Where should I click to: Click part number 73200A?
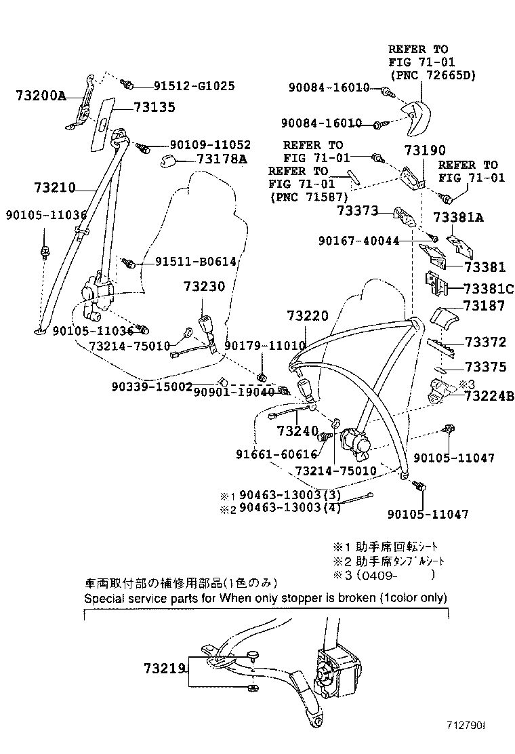[40, 96]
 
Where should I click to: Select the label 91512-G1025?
[194, 86]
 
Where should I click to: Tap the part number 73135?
[154, 106]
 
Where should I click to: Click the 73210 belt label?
[54, 188]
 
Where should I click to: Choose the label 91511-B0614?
[186, 262]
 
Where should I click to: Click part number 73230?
[203, 287]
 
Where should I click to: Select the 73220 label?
[307, 315]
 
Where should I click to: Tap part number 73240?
[297, 431]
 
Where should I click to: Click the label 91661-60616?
[276, 454]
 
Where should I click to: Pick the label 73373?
[357, 211]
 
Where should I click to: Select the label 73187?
[484, 306]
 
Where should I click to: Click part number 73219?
[164, 668]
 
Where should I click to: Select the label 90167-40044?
[358, 240]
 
